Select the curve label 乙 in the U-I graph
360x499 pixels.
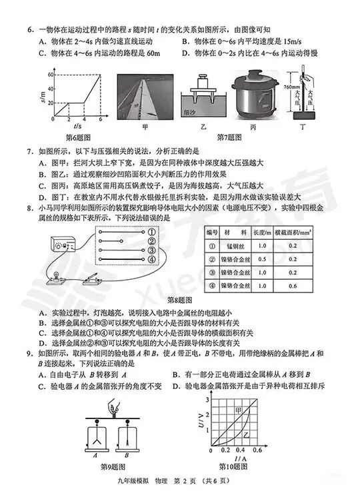pos(244,436)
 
